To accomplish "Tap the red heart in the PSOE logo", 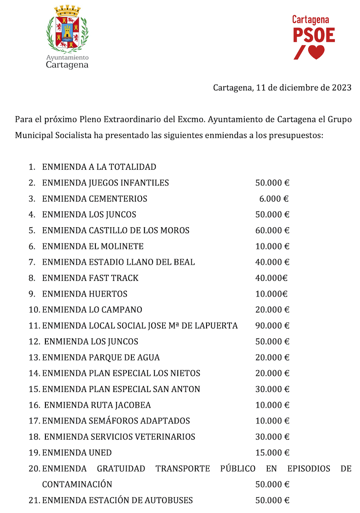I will click(x=316, y=52).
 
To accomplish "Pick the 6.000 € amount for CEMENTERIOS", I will click(x=274, y=199).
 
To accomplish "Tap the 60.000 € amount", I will click(x=272, y=230).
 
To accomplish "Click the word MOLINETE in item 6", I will click(x=122, y=246).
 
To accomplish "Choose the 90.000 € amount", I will click(x=272, y=325).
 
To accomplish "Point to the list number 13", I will click(x=34, y=357).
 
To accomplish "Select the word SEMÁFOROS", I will click(x=109, y=421).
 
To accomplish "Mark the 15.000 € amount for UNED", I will click(x=272, y=452).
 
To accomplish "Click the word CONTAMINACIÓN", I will click(x=77, y=484).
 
